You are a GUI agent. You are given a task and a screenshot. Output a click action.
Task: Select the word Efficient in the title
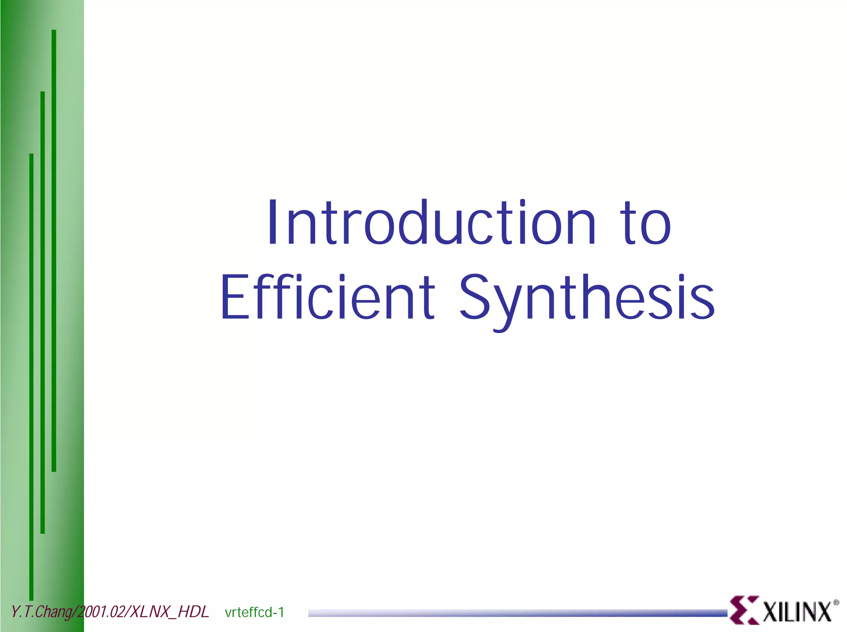(327, 297)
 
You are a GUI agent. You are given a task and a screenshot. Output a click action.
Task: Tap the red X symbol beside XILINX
(744, 610)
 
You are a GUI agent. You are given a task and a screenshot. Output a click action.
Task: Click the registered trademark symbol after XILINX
(836, 603)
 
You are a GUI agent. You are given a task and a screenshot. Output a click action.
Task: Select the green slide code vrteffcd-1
(254, 612)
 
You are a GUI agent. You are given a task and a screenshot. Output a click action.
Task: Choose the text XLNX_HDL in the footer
(170, 612)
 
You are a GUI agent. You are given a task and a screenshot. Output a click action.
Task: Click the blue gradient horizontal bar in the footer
(517, 613)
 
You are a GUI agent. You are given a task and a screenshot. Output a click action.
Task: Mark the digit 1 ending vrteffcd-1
(281, 612)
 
